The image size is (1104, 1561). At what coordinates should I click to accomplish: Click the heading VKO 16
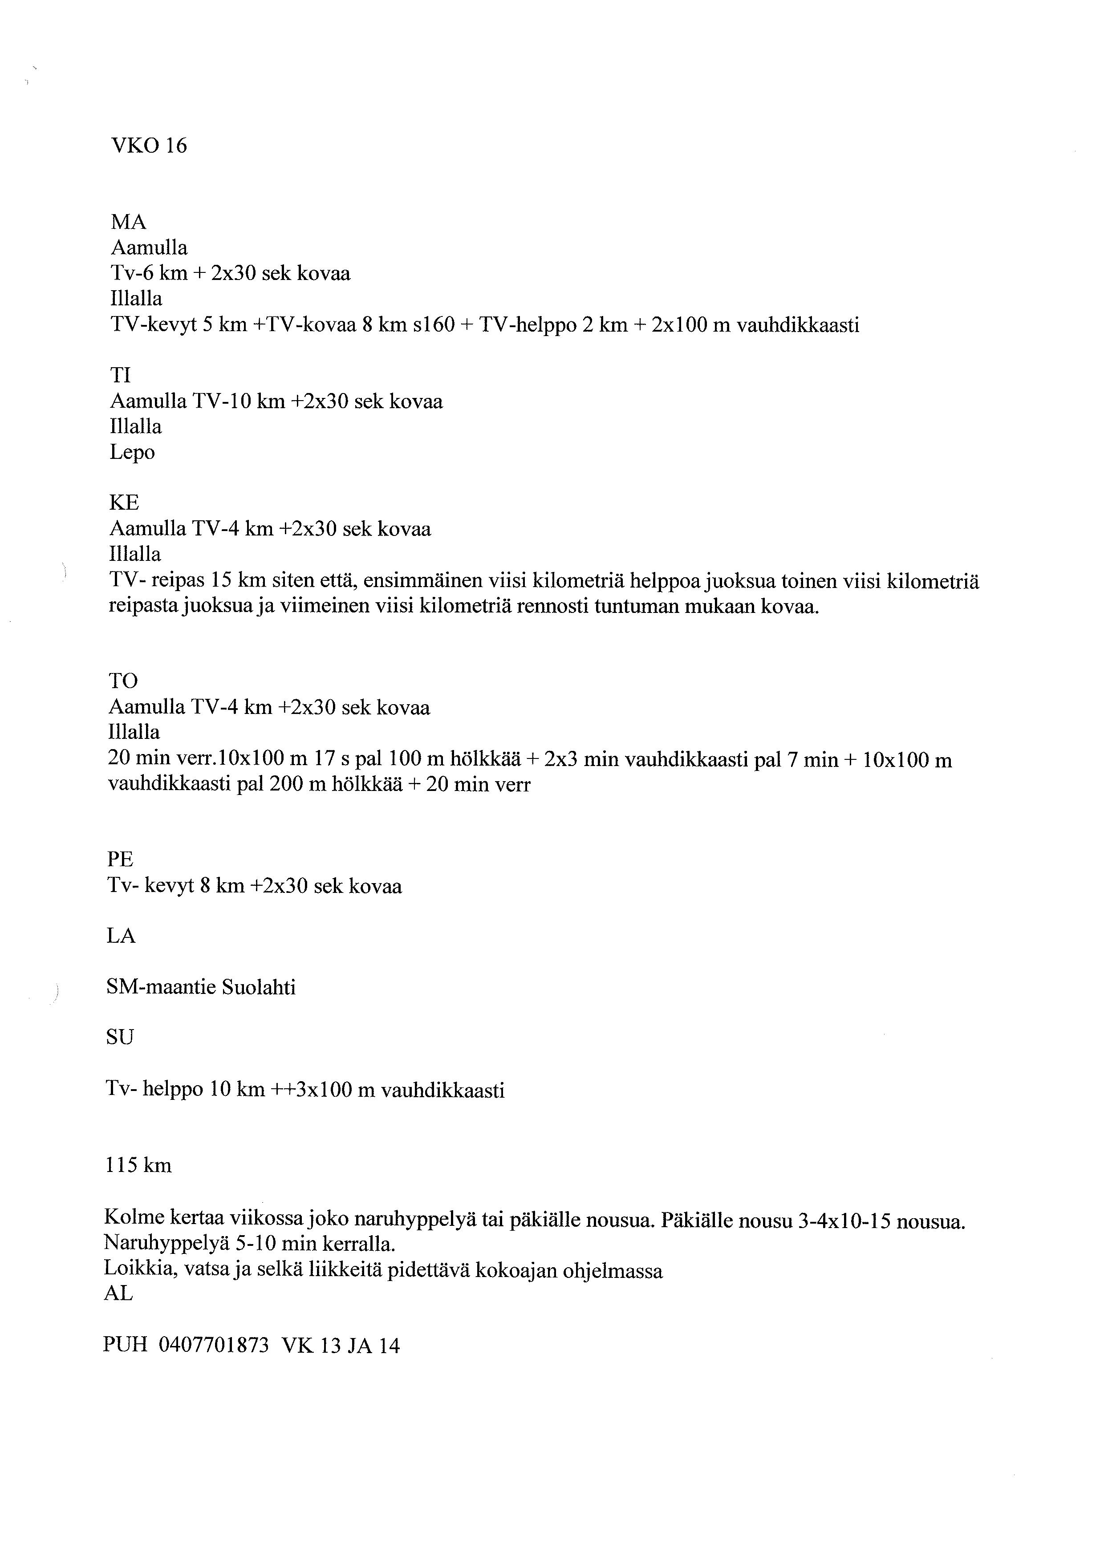148,146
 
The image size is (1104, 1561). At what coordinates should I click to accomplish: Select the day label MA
129,222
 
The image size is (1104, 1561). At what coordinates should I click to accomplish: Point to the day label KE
124,503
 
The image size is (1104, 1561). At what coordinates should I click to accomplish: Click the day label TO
123,681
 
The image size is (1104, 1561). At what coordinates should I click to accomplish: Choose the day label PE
120,860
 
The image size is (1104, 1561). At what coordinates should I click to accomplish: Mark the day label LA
121,936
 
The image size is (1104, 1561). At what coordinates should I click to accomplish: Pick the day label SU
120,1038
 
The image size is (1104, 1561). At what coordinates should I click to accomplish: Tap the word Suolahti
258,987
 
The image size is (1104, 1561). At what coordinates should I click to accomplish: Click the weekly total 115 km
138,1166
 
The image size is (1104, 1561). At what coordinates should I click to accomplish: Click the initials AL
118,1294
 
